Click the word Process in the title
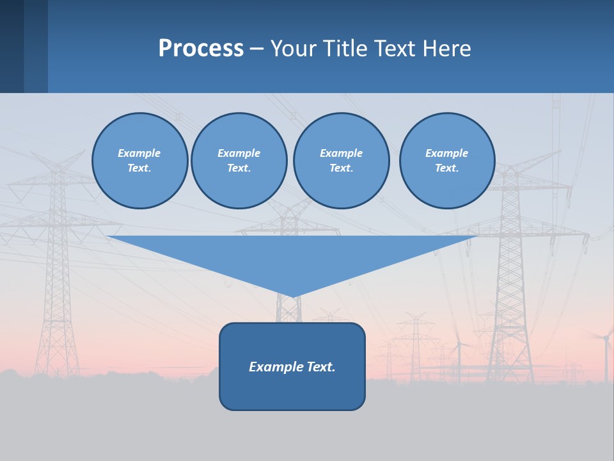(x=201, y=49)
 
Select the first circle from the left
(x=139, y=161)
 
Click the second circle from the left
(x=239, y=161)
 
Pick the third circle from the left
(x=341, y=161)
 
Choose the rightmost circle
(x=447, y=161)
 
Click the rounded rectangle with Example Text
(x=292, y=366)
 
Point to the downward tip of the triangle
(x=293, y=296)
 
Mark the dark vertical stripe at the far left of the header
(x=12, y=46)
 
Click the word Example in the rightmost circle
(x=446, y=153)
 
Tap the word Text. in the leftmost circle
(x=139, y=168)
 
